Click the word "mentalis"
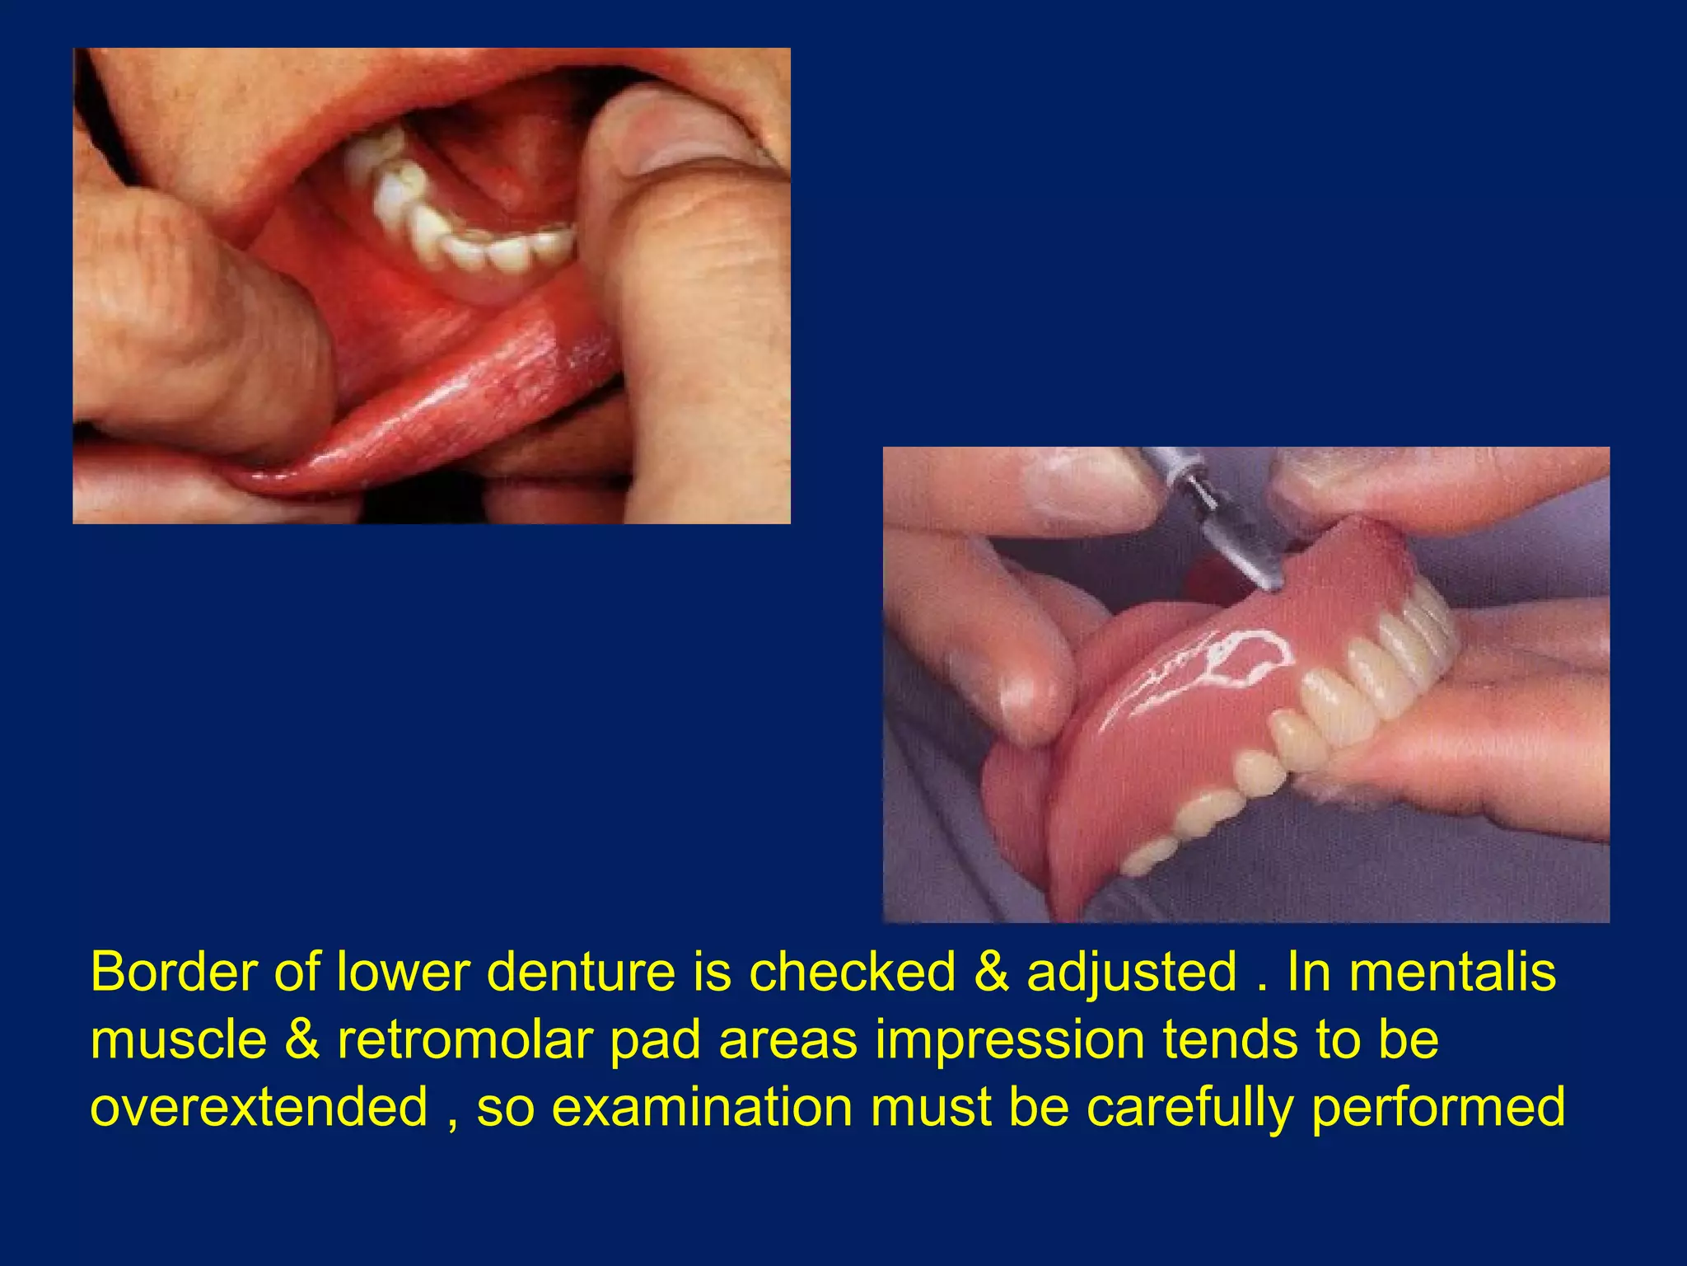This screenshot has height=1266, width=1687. click(x=1452, y=973)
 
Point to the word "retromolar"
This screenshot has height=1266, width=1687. click(x=465, y=1040)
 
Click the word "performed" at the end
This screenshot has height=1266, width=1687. click(x=1438, y=1109)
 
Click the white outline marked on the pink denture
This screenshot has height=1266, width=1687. click(x=1236, y=659)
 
